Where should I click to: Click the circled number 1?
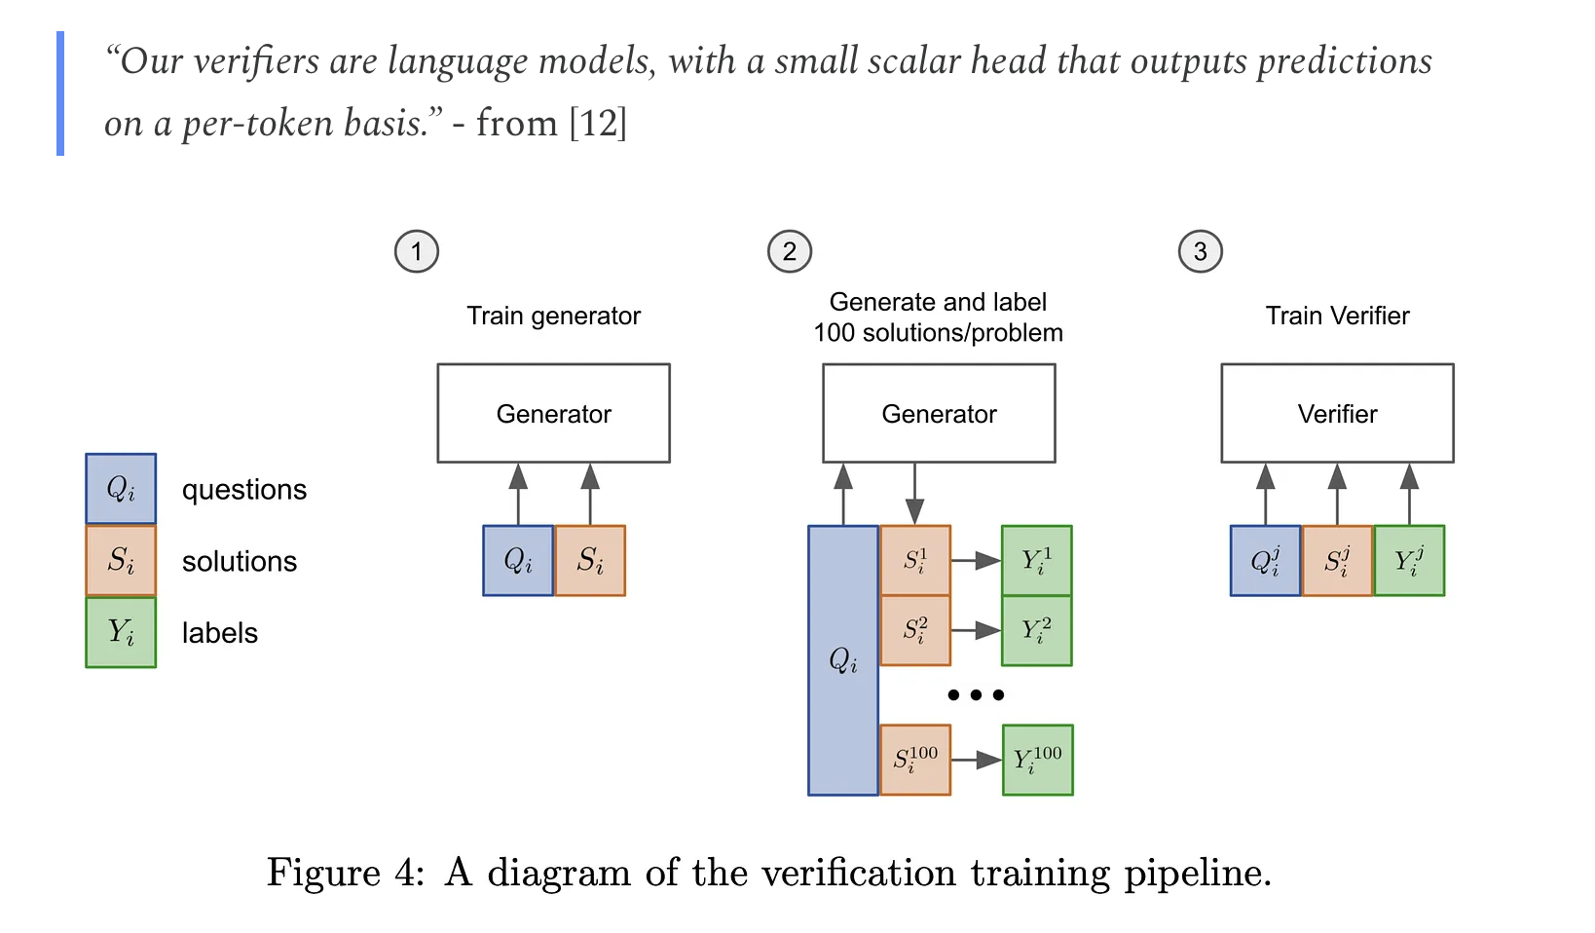pyautogui.click(x=417, y=252)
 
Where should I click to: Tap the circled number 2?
pyautogui.click(x=790, y=252)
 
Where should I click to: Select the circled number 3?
pyautogui.click(x=1201, y=252)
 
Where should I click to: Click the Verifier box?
pyautogui.click(x=1337, y=414)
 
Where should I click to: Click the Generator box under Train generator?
pyautogui.click(x=553, y=414)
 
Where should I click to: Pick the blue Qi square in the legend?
pyautogui.click(x=121, y=489)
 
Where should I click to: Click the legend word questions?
pyautogui.click(x=244, y=490)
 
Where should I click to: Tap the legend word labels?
pyautogui.click(x=220, y=634)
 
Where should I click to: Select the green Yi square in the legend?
pyautogui.click(x=121, y=633)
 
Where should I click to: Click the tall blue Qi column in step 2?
pyautogui.click(x=843, y=660)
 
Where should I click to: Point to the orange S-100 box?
pyautogui.click(x=915, y=760)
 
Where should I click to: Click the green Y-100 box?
pyautogui.click(x=1037, y=760)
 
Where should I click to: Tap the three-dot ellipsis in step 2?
pyautogui.click(x=975, y=695)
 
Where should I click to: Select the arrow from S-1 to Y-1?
pyautogui.click(x=976, y=561)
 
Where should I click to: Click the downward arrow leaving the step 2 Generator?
pyautogui.click(x=914, y=494)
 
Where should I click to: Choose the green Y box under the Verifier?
pyautogui.click(x=1409, y=561)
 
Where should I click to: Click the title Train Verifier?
pyautogui.click(x=1337, y=317)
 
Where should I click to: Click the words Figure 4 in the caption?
pyautogui.click(x=345, y=873)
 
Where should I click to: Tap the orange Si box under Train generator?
pyautogui.click(x=590, y=561)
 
